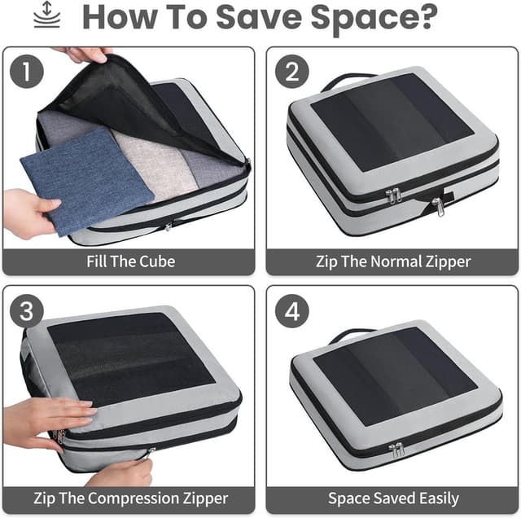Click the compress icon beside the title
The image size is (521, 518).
[x=46, y=16]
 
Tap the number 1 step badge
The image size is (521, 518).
[x=28, y=72]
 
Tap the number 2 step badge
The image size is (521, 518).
[x=291, y=72]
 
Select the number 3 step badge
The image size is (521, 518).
[x=28, y=312]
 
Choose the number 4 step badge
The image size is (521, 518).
[x=291, y=312]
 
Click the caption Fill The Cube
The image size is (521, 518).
[x=130, y=262]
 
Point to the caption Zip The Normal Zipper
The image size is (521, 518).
[x=392, y=262]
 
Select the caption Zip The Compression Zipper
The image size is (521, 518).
[x=130, y=498]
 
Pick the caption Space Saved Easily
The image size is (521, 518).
[x=392, y=498]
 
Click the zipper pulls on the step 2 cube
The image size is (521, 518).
[x=394, y=195]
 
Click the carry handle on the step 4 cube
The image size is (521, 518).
[x=352, y=333]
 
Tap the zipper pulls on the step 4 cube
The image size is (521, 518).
[x=397, y=450]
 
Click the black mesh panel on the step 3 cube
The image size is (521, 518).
[x=130, y=358]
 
